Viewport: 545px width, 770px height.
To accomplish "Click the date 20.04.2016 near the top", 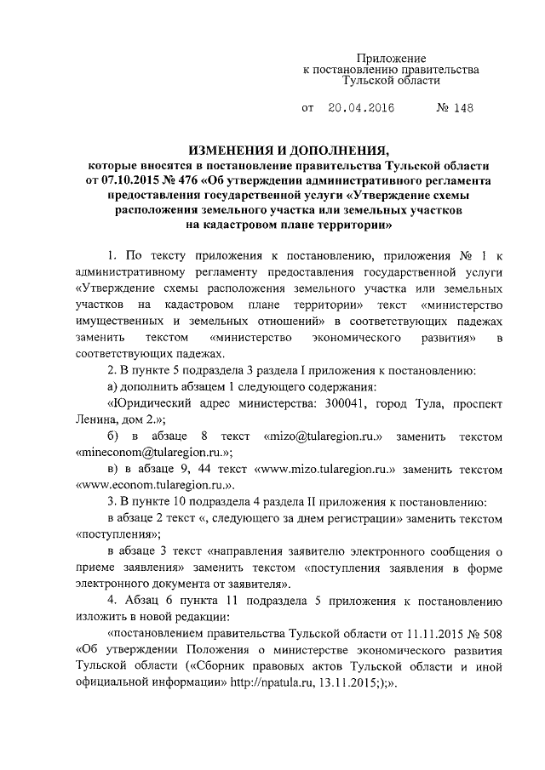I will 361,110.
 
